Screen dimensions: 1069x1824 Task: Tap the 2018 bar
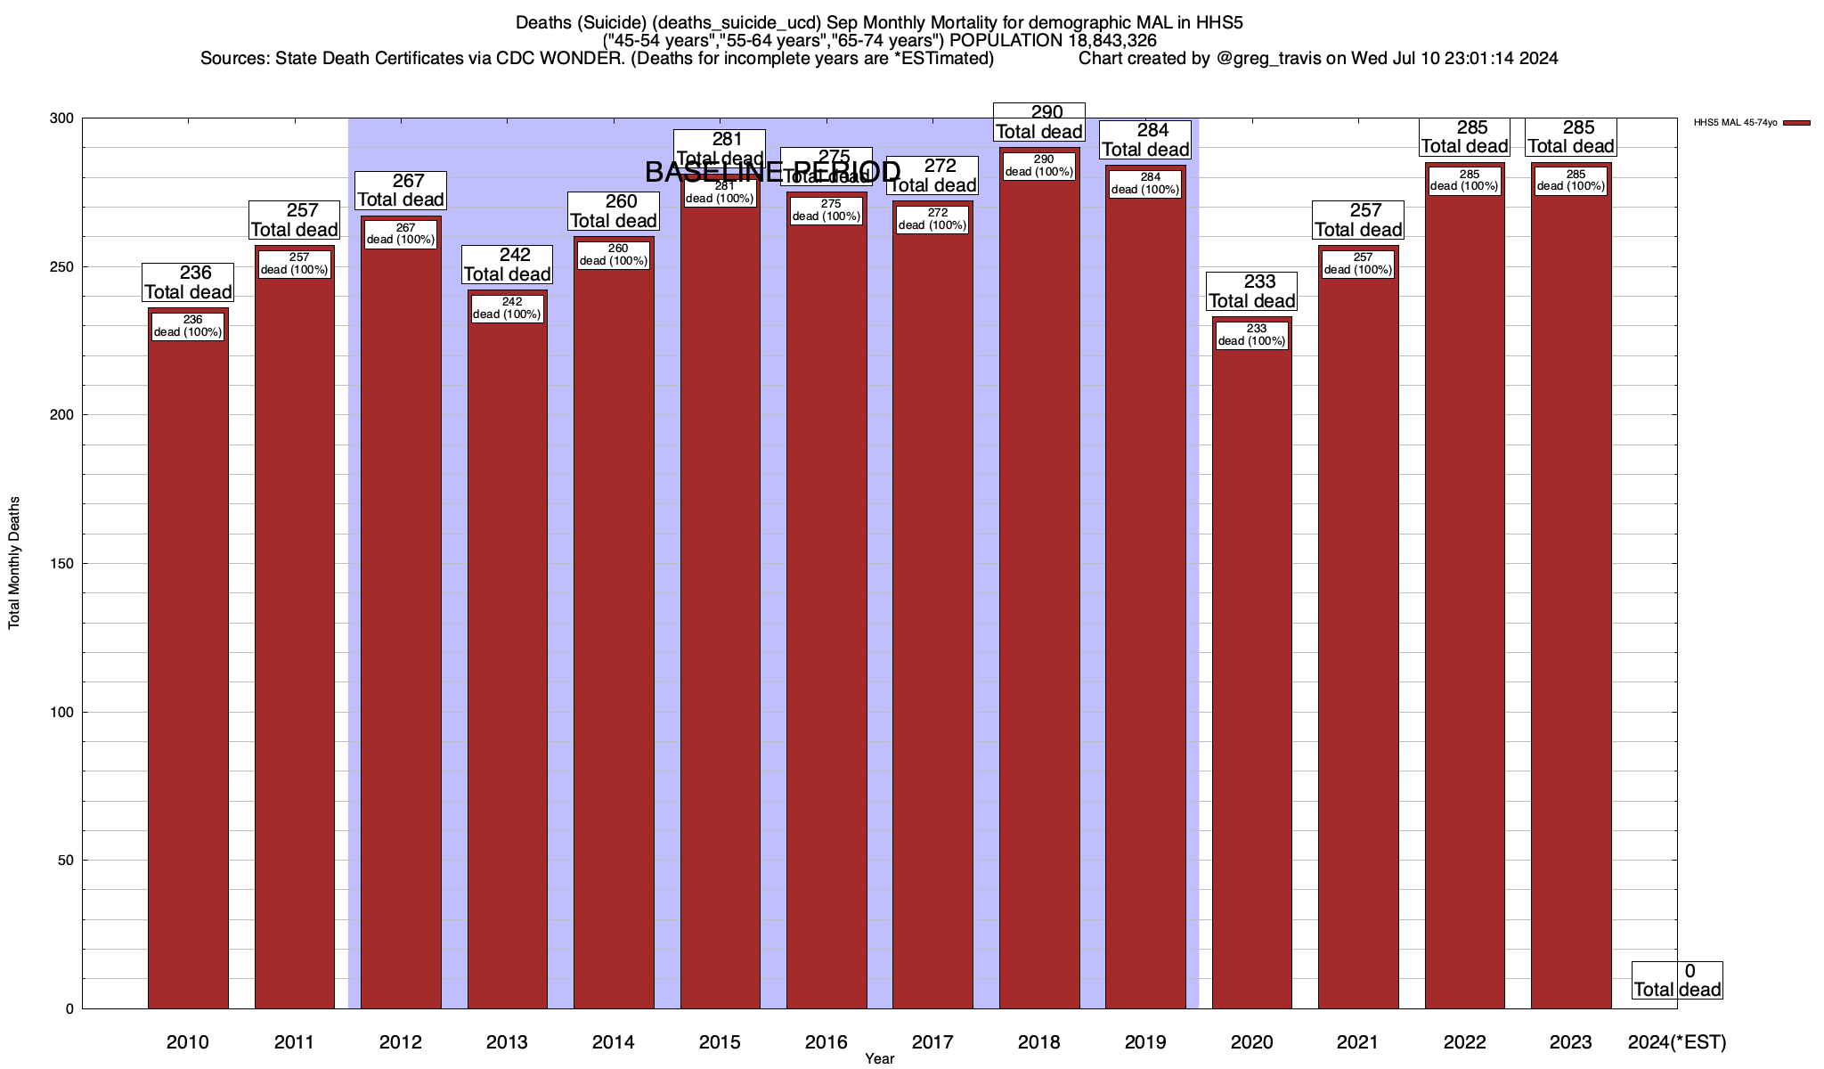click(1039, 579)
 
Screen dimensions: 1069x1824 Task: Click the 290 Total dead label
click(1039, 122)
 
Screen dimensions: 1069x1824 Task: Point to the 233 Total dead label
click(1251, 291)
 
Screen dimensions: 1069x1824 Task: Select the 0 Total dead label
click(1677, 980)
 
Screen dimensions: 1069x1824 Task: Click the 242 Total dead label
click(507, 265)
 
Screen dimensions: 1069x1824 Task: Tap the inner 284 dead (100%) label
click(1145, 184)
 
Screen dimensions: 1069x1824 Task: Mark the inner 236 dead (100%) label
click(188, 326)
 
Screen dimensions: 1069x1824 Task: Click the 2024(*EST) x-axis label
click(1676, 1042)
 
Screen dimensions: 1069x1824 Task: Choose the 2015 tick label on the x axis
click(720, 1042)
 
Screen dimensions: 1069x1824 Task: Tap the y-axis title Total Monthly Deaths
click(14, 563)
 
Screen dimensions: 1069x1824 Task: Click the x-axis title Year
click(879, 1059)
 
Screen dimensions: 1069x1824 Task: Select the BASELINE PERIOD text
click(772, 172)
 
